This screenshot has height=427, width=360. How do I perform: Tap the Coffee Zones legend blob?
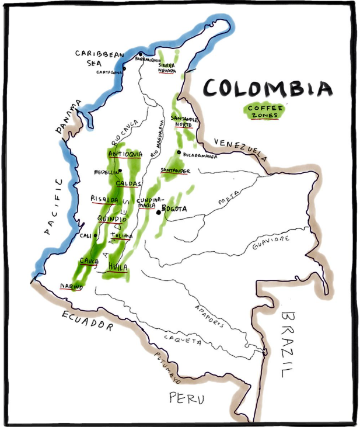tap(264, 111)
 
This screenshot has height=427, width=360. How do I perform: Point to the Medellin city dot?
tap(120, 171)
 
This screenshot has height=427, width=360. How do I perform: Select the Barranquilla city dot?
tap(141, 54)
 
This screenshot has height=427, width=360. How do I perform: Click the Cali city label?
tap(85, 235)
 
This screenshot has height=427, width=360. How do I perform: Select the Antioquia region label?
tap(125, 154)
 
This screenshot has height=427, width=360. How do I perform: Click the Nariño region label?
tap(71, 287)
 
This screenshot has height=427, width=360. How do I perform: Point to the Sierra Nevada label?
tap(167, 68)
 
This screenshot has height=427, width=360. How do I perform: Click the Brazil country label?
tap(289, 344)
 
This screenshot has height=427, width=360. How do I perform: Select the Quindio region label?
tap(112, 220)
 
